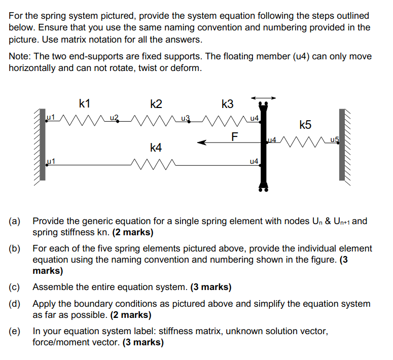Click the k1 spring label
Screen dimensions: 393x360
tap(85, 104)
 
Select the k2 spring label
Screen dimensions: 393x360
tap(156, 104)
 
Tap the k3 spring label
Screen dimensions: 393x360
tap(228, 104)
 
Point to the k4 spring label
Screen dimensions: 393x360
tap(156, 148)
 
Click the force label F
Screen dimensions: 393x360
tap(234, 136)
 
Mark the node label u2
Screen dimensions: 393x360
tap(114, 119)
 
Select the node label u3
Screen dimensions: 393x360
tap(185, 119)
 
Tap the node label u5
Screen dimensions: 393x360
tap(333, 139)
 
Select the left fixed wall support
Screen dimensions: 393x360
tap(43, 145)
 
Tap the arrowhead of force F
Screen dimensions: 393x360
tap(202, 143)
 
